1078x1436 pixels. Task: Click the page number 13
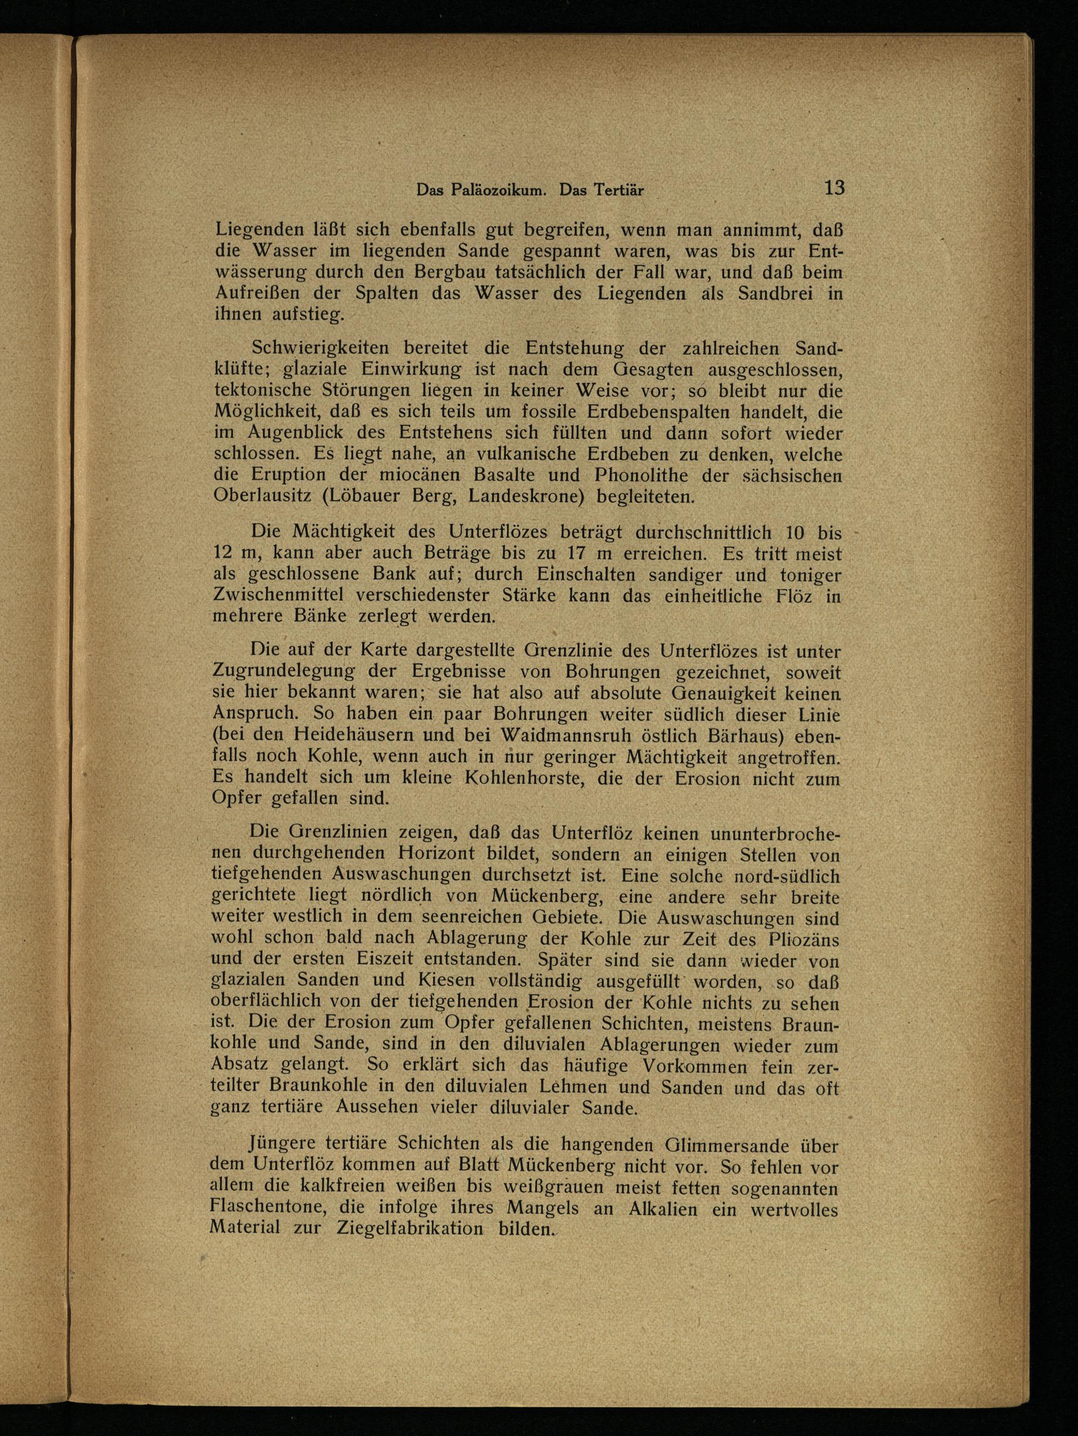pos(833,188)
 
